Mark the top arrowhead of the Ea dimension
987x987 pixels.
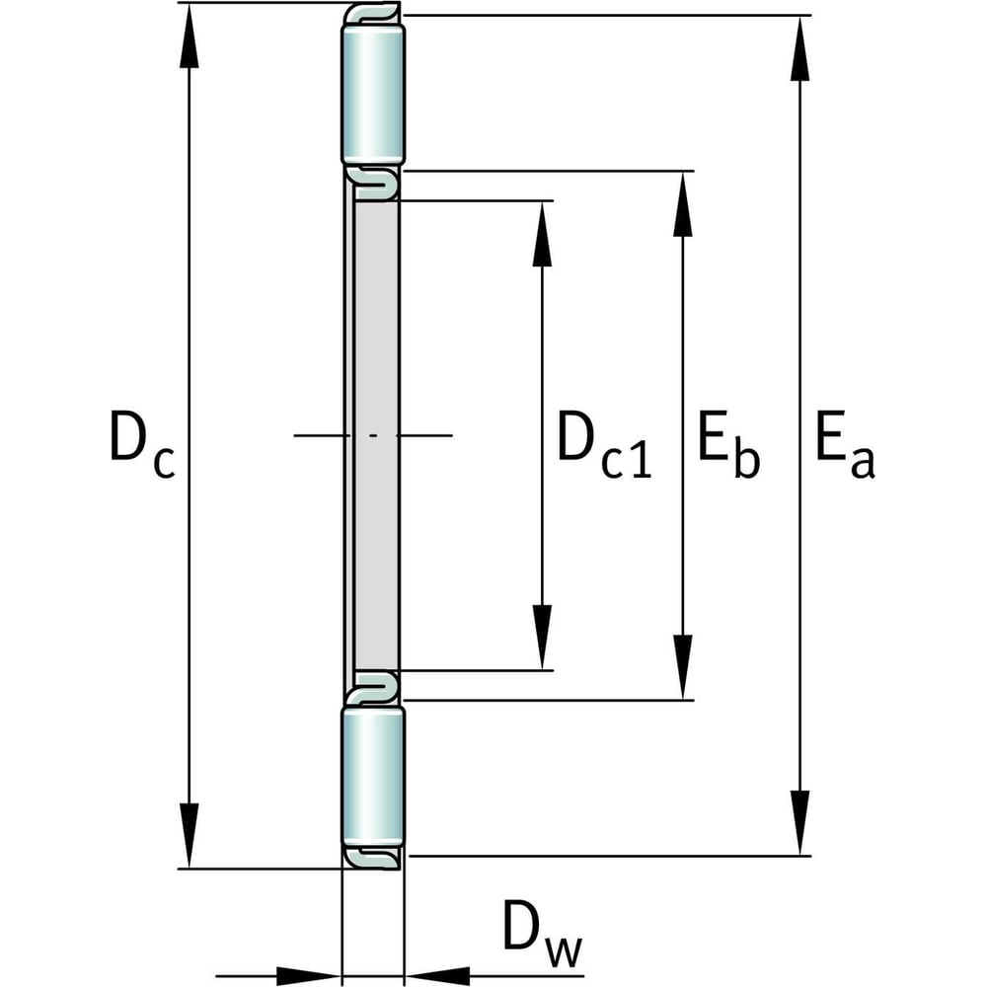[800, 49]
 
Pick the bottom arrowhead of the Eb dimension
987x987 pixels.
[682, 667]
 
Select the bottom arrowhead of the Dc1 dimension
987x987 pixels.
[541, 638]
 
